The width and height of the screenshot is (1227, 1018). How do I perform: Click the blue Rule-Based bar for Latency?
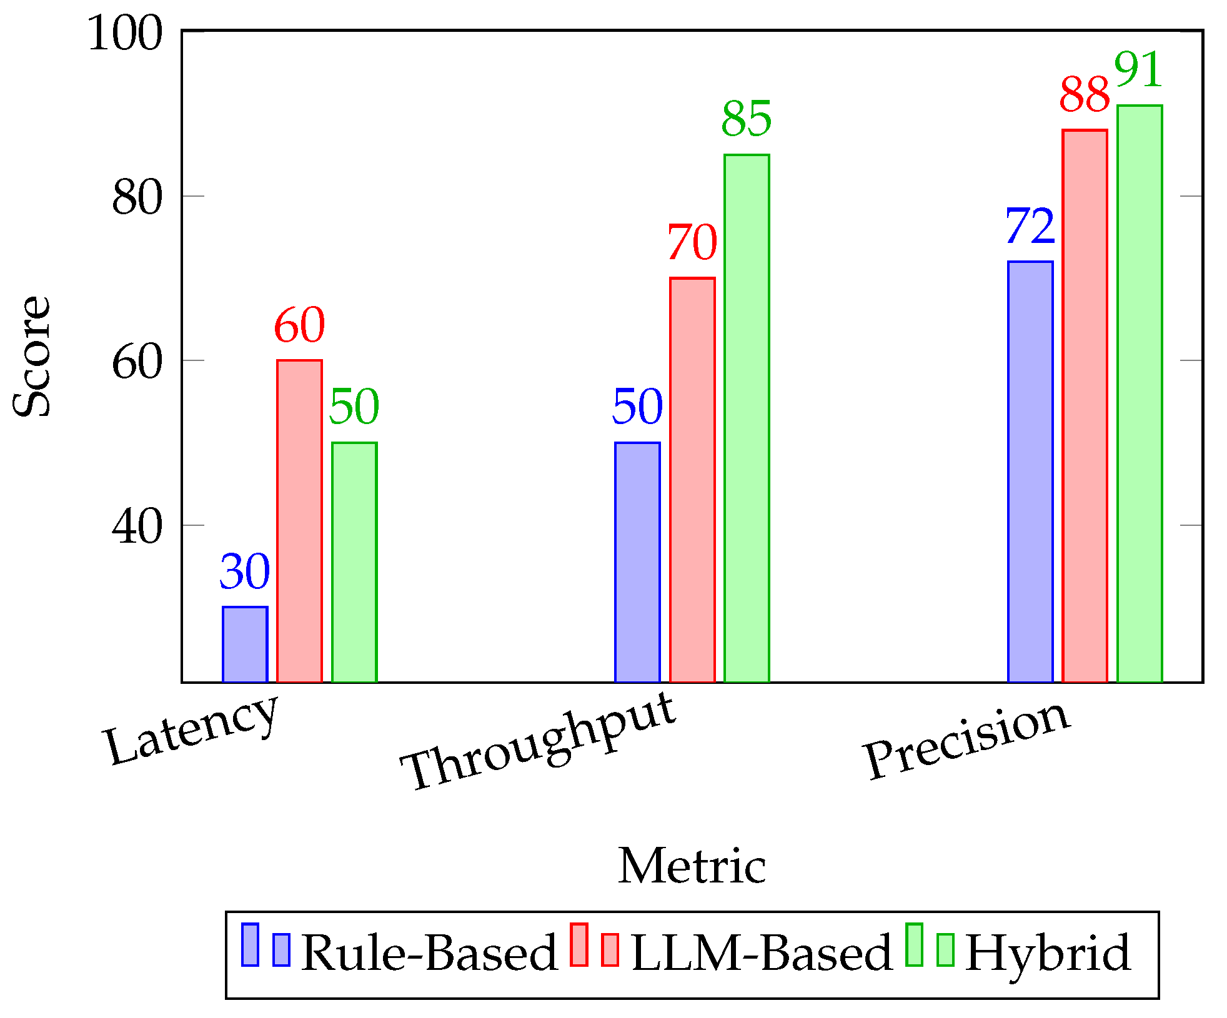(x=245, y=644)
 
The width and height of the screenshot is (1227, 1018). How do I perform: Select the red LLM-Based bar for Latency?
(x=299, y=521)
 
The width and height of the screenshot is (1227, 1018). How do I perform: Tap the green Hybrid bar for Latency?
(x=354, y=562)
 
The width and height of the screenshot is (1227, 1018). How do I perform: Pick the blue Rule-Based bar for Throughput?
(x=637, y=562)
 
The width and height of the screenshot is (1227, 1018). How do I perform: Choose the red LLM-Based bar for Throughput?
(x=692, y=480)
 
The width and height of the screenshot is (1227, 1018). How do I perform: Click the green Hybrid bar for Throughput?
(x=747, y=418)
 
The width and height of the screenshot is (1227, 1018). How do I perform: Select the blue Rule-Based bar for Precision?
(x=1030, y=472)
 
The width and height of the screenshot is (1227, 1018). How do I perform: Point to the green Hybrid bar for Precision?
(x=1140, y=393)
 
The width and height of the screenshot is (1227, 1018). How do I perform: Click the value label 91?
(x=1138, y=70)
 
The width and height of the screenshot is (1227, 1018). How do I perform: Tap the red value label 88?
(x=1085, y=95)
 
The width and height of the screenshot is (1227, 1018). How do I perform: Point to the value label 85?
(x=747, y=119)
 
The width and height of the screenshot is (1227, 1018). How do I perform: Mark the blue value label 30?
(x=245, y=571)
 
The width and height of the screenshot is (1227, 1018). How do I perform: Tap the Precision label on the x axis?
(x=967, y=739)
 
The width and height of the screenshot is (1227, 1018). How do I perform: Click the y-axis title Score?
(x=31, y=356)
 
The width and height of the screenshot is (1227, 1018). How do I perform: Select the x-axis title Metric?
(x=692, y=866)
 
